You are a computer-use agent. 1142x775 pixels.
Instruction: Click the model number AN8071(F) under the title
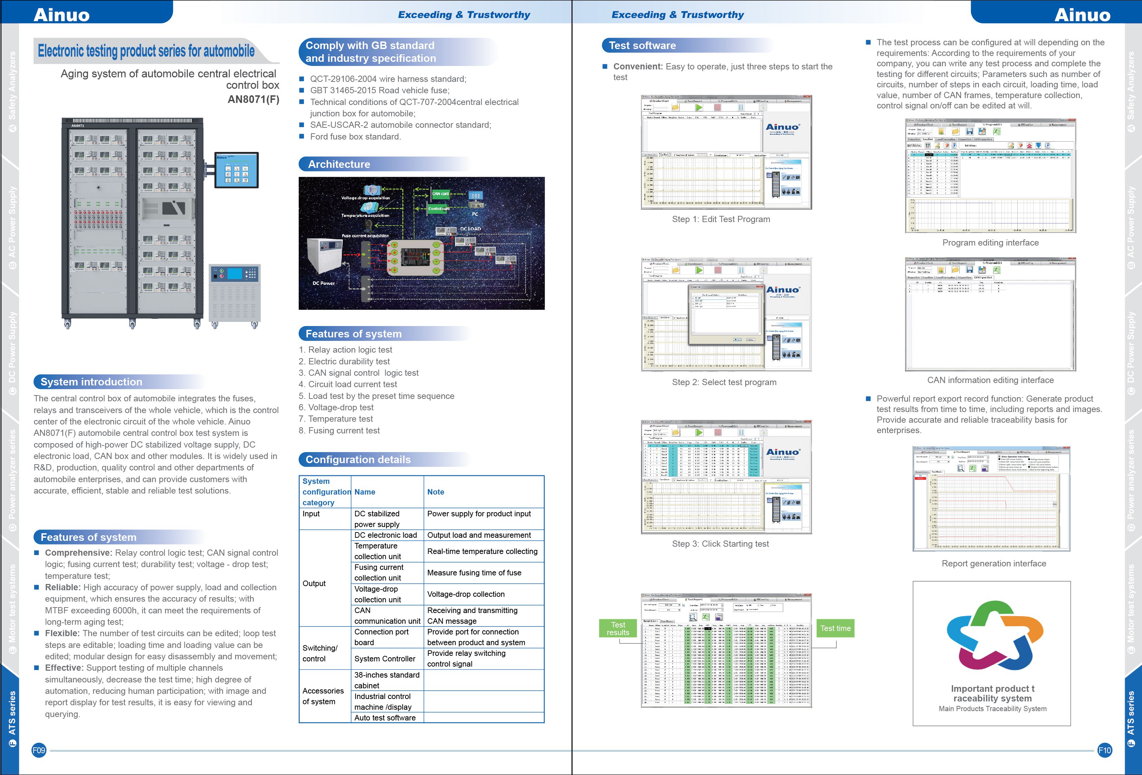pyautogui.click(x=253, y=99)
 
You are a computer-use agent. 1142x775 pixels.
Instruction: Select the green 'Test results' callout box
pyautogui.click(x=618, y=628)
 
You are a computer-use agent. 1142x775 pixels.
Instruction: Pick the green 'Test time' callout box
pyautogui.click(x=835, y=628)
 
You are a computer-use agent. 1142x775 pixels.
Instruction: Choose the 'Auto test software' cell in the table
pyautogui.click(x=385, y=718)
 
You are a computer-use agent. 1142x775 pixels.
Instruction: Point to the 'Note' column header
pyautogui.click(x=435, y=492)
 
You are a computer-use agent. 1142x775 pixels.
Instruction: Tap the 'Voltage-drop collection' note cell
pyautogui.click(x=466, y=594)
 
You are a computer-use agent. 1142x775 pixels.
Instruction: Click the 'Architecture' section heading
pyautogui.click(x=339, y=164)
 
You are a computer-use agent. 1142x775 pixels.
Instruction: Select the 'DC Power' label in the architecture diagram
pyautogui.click(x=324, y=283)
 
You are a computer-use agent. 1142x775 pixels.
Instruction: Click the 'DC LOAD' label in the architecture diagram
pyautogui.click(x=470, y=229)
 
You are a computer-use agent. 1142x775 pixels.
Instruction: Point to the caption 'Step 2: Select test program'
pyautogui.click(x=724, y=382)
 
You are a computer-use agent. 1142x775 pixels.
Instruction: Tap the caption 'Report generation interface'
pyautogui.click(x=994, y=563)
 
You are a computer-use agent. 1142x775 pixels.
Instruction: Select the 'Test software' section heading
pyautogui.click(x=642, y=46)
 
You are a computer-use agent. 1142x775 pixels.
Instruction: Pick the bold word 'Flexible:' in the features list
pyautogui.click(x=63, y=633)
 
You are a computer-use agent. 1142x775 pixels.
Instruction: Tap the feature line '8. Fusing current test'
pyautogui.click(x=339, y=431)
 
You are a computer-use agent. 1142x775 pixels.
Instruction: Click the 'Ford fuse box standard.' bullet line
pyautogui.click(x=355, y=137)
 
